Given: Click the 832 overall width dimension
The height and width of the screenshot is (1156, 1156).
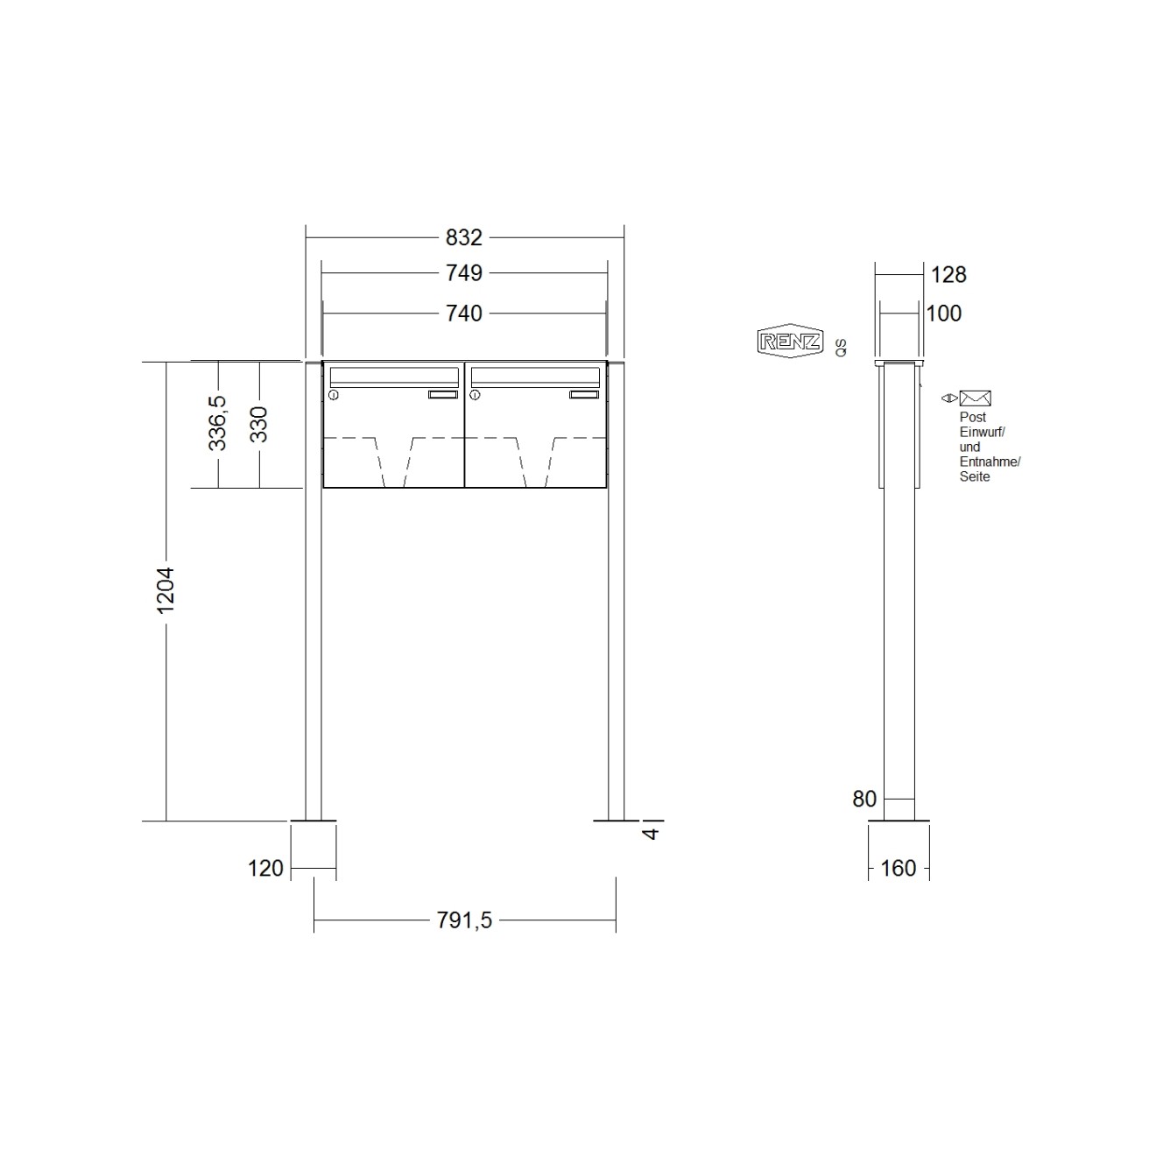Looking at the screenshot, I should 463,237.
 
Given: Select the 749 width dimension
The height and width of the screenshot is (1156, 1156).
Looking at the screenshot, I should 463,273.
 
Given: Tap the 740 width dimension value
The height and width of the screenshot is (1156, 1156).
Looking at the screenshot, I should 463,313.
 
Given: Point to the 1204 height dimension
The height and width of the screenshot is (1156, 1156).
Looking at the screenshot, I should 166,590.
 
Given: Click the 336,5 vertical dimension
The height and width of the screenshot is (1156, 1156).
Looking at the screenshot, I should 217,423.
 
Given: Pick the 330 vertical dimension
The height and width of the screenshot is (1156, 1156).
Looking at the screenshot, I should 258,425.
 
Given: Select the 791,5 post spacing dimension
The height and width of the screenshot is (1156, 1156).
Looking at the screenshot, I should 463,920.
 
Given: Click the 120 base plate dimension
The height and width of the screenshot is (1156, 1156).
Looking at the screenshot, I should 266,868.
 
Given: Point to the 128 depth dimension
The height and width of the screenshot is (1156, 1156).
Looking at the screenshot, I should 948,275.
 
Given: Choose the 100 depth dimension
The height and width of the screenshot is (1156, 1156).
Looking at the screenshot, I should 943,314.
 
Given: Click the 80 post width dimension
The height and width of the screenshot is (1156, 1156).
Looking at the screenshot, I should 863,799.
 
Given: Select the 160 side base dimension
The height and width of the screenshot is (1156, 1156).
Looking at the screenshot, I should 898,868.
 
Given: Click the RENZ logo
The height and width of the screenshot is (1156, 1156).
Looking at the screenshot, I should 790,342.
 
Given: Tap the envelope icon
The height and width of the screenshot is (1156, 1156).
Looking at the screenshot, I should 975,398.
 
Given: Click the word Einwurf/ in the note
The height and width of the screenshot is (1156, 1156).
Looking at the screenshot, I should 982,433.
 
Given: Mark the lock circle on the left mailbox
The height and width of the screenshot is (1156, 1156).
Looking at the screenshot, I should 334,396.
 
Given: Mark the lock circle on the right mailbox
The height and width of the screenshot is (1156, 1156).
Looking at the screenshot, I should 476,396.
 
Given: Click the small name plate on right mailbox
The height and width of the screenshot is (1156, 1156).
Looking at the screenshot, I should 583,395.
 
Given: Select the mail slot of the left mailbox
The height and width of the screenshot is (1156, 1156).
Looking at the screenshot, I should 393,377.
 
